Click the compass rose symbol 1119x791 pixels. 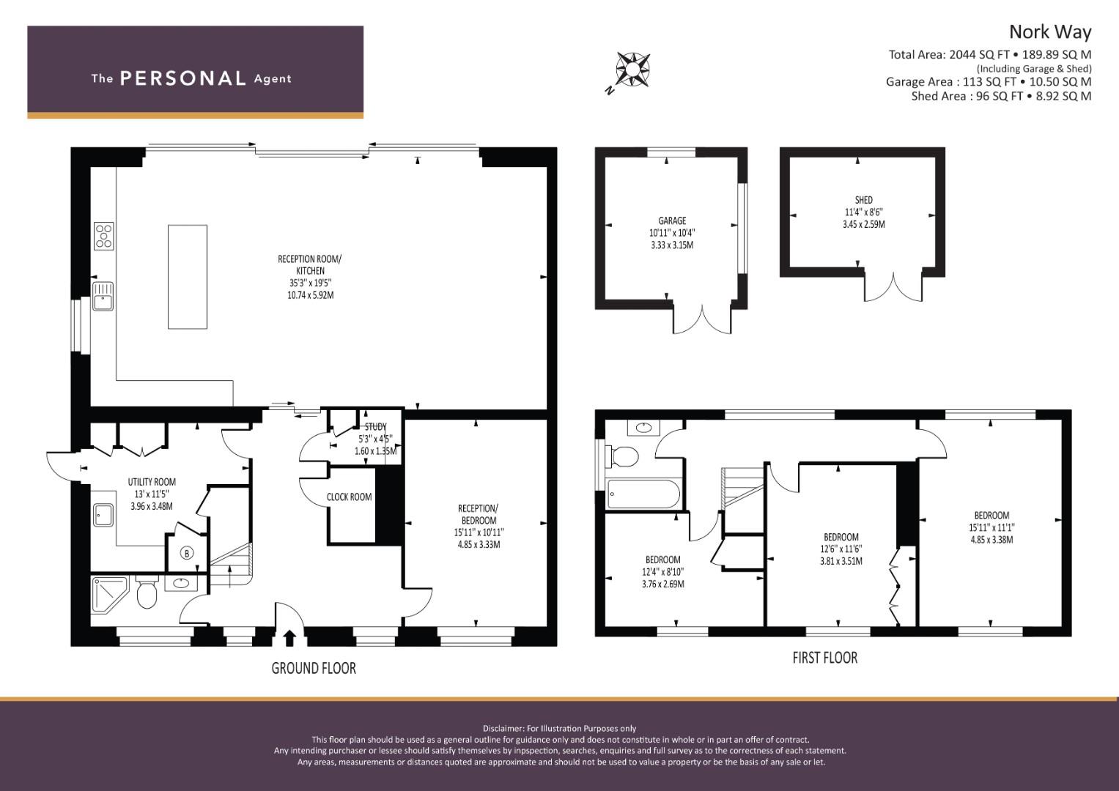coord(632,70)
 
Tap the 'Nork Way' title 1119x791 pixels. coord(1050,32)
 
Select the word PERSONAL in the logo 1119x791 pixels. coord(183,78)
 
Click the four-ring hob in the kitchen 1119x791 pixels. coord(104,236)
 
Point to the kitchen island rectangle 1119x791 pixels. coord(188,277)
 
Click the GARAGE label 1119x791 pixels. coord(672,220)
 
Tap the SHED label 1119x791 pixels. coord(864,200)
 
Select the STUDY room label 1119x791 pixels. coord(376,426)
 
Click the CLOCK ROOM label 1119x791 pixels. coord(350,497)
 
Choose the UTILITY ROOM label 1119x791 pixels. coord(152,482)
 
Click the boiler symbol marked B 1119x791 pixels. coord(187,553)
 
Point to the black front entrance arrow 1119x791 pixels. coord(289,638)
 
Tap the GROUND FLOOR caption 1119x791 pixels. coord(314,668)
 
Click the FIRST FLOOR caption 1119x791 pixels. coord(824,658)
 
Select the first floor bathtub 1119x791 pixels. coord(643,494)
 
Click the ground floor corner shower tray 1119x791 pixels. coord(109,595)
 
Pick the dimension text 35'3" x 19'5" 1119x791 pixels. coord(310,283)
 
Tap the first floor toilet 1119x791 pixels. coord(622,456)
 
